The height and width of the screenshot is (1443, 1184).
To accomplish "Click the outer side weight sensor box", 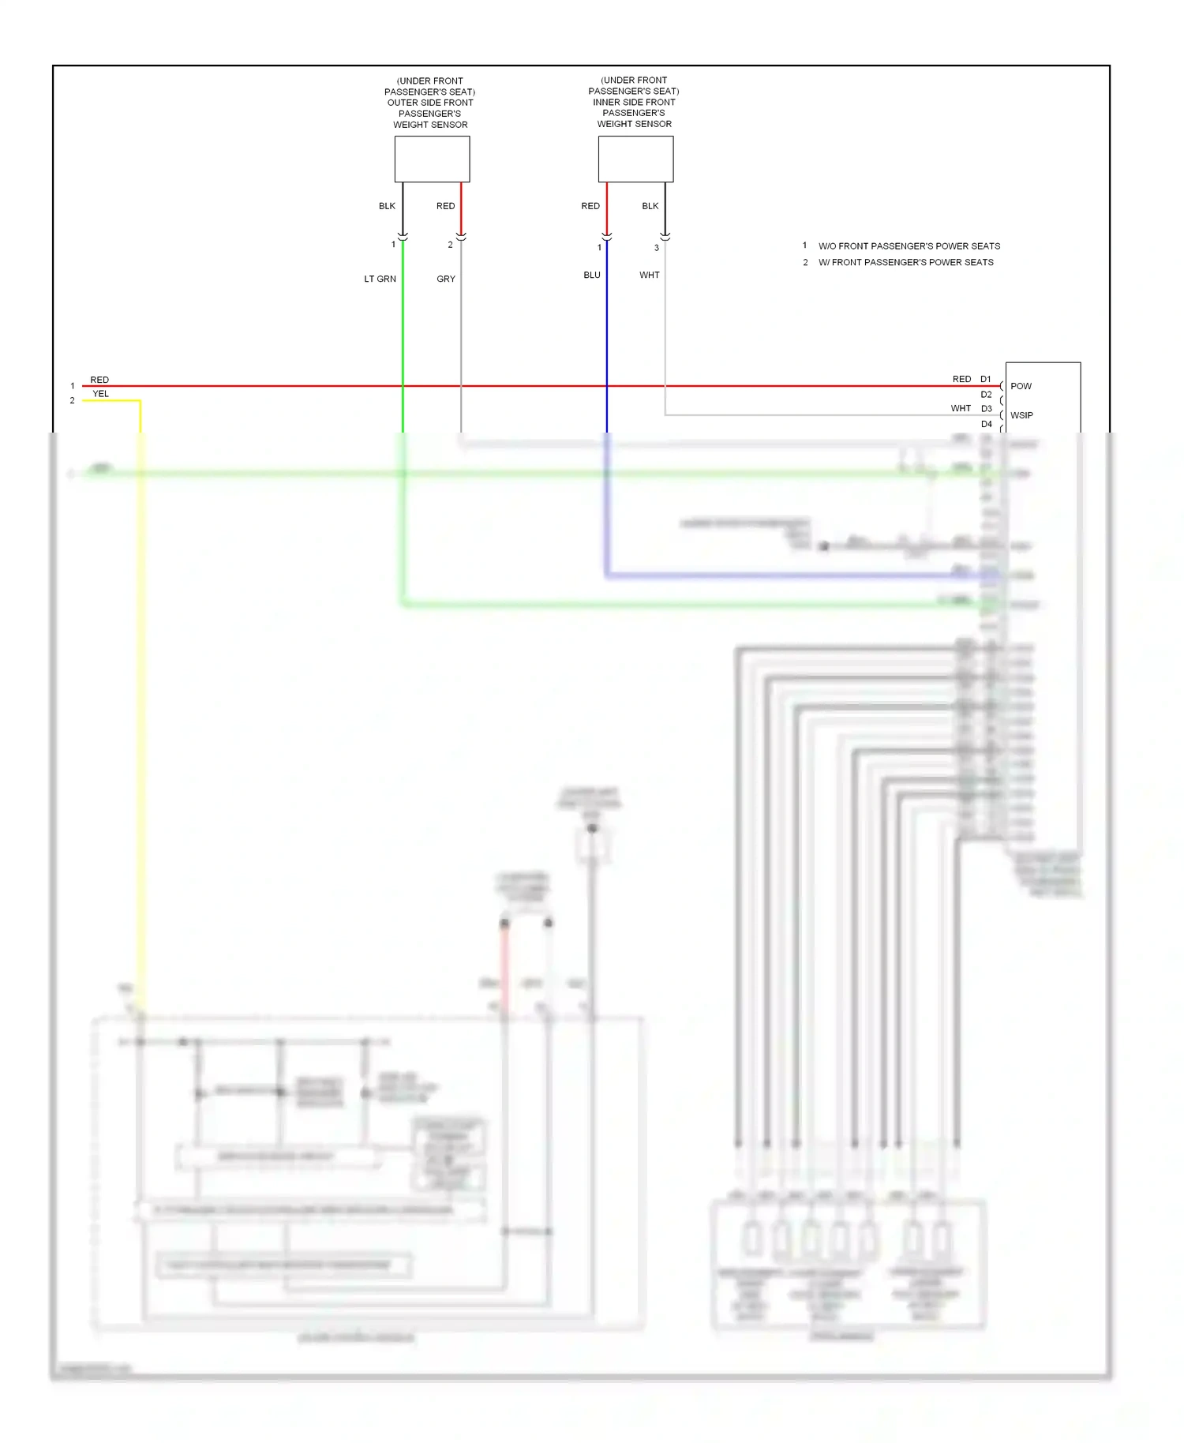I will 432,159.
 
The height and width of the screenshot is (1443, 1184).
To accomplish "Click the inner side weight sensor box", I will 635,159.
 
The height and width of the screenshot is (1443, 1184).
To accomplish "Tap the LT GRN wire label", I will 380,279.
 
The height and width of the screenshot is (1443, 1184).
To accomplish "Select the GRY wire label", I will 446,279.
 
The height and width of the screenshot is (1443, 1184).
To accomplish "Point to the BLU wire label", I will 592,275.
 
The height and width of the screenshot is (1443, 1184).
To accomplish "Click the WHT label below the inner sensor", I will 650,275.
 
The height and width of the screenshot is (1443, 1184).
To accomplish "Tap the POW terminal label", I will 1021,386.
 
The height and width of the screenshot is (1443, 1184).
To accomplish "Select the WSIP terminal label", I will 1021,415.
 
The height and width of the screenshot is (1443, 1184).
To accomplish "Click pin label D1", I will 986,379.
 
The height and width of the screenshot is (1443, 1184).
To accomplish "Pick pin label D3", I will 987,408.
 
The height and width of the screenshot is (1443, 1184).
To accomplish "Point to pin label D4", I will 987,424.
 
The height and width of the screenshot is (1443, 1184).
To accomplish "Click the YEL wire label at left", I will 101,394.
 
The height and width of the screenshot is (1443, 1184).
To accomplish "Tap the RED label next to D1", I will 961,379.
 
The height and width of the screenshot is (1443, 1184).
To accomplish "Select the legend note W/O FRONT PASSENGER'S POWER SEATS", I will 909,246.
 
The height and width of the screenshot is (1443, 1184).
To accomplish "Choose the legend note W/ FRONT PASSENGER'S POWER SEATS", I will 906,262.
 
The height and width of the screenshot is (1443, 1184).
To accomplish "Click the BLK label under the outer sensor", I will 387,206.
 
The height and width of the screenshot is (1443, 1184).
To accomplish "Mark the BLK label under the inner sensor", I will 650,206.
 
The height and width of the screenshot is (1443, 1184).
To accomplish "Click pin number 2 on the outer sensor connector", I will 451,245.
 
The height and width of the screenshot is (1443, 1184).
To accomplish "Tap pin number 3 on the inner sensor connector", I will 657,248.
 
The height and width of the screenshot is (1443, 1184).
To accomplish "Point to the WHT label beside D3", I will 961,408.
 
